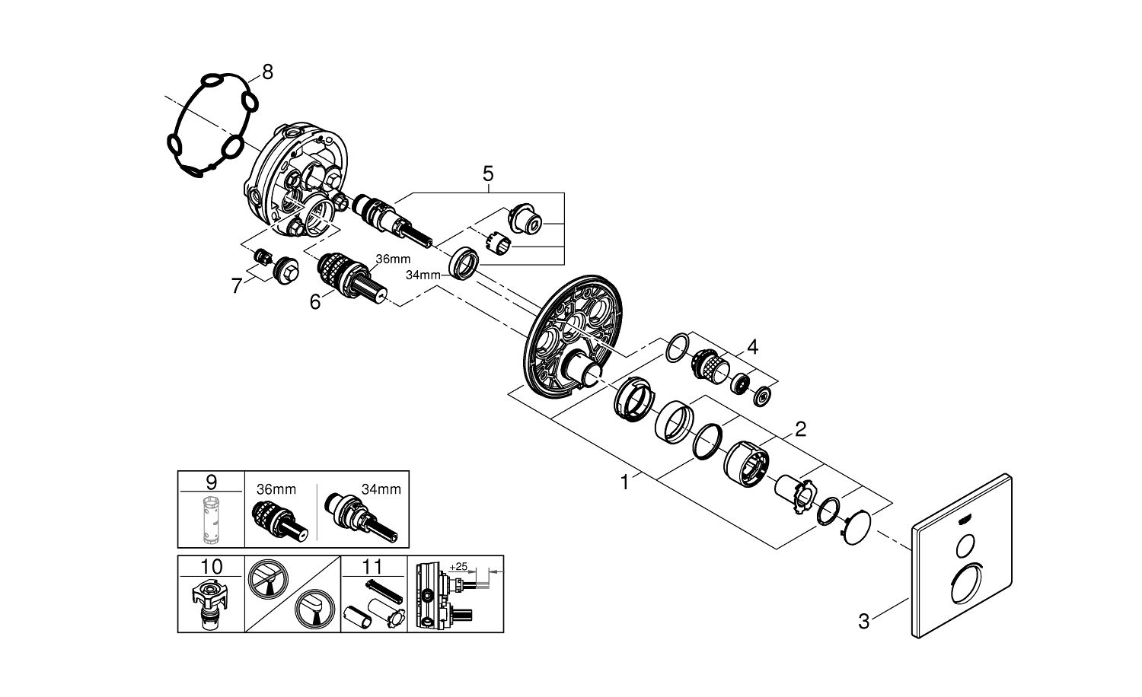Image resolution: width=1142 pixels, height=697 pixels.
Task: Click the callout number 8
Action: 266,72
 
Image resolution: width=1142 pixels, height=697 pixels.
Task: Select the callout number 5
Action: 488,174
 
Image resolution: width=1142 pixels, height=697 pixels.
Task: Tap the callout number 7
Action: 237,286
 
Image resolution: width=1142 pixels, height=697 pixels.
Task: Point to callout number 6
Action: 314,301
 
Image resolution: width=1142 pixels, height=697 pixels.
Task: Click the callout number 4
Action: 752,348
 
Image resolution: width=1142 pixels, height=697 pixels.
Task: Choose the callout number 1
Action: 625,482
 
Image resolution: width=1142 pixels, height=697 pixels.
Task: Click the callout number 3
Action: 863,622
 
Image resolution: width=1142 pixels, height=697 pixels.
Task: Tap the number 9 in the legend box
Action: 212,482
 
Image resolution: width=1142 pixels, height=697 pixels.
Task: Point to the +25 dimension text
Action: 458,568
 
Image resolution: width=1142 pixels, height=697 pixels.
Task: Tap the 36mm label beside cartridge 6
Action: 393,259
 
